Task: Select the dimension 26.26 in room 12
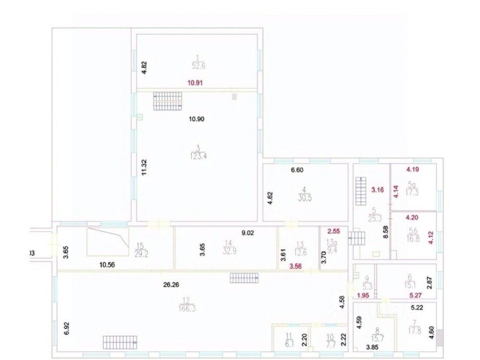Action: point(171,284)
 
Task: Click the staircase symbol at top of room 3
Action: point(168,101)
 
